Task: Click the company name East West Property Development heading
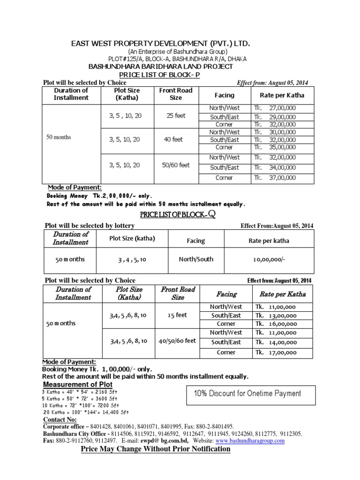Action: (160, 44)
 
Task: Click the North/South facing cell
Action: (195, 258)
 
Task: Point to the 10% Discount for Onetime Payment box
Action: (247, 393)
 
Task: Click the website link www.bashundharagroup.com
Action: (250, 441)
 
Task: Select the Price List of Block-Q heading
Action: (178, 215)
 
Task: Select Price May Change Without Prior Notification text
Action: (156, 449)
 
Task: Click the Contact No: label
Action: (60, 419)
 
